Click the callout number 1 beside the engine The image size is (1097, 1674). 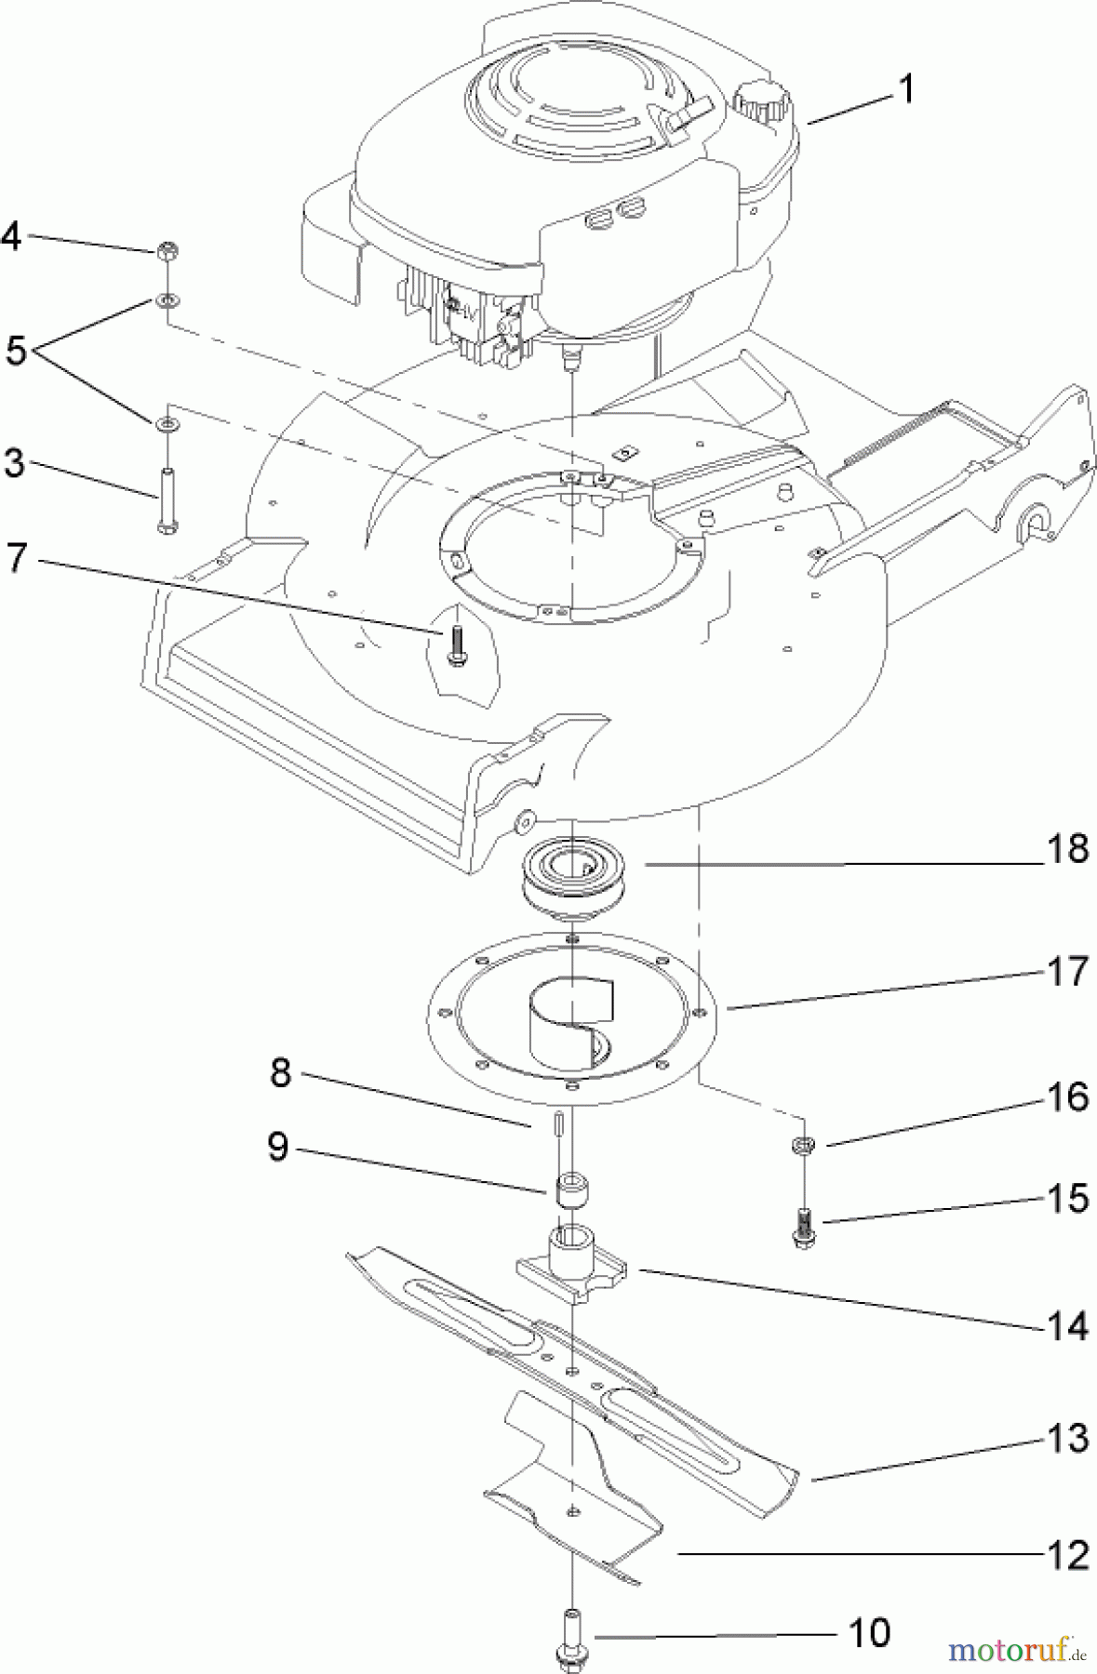tap(905, 90)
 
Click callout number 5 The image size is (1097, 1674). tap(16, 351)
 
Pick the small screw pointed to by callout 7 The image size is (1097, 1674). tap(456, 644)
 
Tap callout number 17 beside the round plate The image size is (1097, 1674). tap(1067, 972)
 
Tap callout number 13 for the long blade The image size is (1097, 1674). tap(1067, 1439)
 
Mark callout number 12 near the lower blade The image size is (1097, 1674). tap(1067, 1555)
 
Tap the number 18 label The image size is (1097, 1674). tap(1067, 849)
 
